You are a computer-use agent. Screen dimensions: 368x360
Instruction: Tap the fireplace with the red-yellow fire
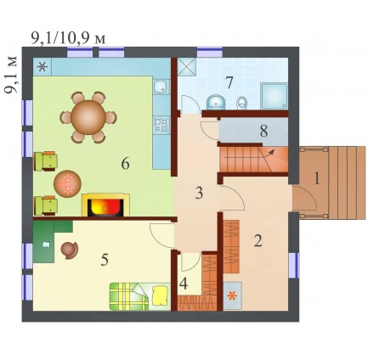coord(105,205)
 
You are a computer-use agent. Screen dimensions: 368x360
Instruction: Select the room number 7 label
coord(229,82)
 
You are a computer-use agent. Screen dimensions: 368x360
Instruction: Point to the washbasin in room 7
coord(216,102)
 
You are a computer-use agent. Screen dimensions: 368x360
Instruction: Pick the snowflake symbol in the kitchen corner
coord(42,67)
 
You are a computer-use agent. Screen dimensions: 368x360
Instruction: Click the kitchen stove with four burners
coord(161,125)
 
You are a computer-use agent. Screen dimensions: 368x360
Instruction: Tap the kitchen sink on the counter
coord(161,87)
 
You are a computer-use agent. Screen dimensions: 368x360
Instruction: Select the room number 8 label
coord(263,131)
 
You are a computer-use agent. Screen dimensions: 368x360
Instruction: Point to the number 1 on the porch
coord(317,179)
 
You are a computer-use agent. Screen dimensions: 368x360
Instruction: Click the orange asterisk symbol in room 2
coord(232,296)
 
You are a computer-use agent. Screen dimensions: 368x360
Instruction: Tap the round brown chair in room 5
coord(70,250)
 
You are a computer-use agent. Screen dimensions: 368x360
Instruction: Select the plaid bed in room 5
coord(140,296)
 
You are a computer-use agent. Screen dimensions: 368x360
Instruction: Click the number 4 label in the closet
coord(184,284)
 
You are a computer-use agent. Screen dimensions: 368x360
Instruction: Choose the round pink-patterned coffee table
coord(68,183)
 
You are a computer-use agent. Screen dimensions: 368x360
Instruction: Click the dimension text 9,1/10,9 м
coord(68,38)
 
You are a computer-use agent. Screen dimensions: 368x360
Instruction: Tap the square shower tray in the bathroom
coord(274,96)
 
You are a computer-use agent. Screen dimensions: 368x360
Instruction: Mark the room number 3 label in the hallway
coord(200,193)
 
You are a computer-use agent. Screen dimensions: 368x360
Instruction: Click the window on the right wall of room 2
coord(294,266)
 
